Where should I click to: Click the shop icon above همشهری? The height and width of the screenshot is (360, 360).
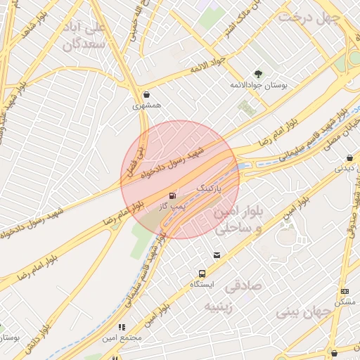point(146,94)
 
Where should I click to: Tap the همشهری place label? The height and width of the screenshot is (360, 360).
point(146,105)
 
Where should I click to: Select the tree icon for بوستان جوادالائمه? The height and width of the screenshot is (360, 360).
point(258,73)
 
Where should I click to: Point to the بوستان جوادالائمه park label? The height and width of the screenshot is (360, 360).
point(259,84)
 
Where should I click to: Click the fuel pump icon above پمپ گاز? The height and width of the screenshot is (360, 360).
point(172,195)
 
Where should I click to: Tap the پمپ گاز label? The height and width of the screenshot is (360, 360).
point(172,205)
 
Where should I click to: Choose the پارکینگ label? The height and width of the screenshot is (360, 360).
point(212,189)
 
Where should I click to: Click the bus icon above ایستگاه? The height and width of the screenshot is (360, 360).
point(202,274)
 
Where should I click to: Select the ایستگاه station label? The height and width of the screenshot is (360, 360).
point(202,285)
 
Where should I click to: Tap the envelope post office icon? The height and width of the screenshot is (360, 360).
point(216,255)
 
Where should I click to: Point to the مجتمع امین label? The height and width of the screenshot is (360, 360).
point(122,337)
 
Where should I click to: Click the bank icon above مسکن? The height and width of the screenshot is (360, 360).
point(344,291)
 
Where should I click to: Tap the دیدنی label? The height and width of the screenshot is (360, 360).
point(344,168)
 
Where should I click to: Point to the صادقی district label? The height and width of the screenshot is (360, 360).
point(243,286)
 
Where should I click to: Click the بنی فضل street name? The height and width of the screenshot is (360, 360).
point(131,162)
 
